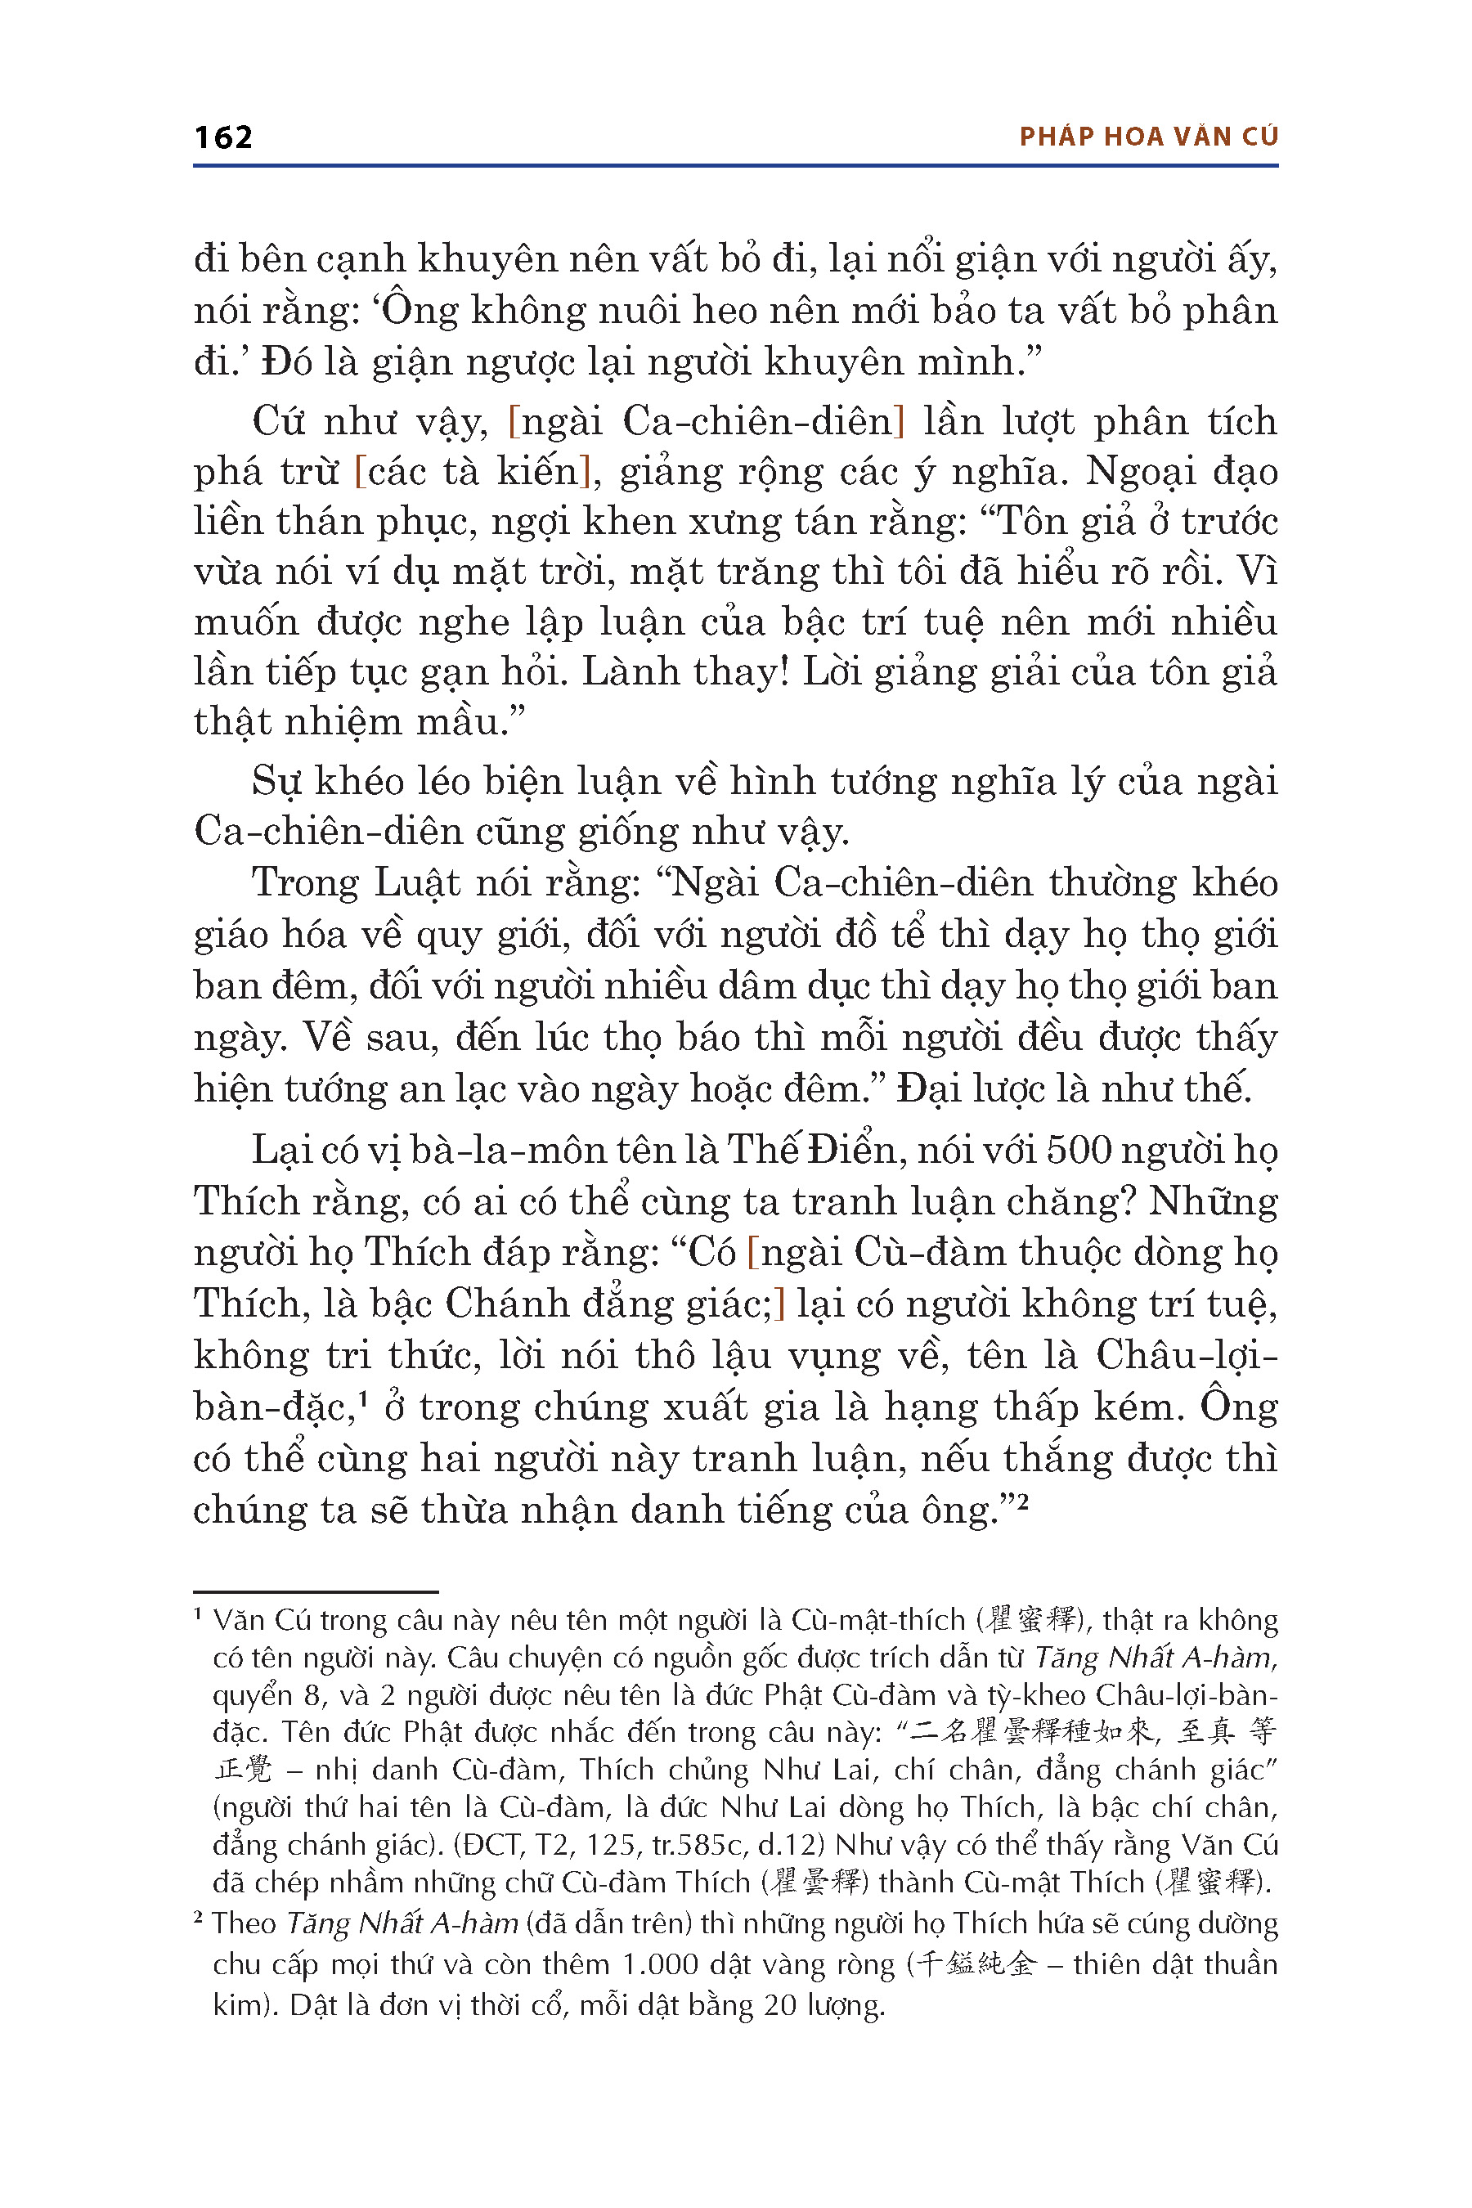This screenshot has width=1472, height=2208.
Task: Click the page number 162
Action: (223, 137)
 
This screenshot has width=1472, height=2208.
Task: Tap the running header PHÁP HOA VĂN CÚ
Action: (1148, 137)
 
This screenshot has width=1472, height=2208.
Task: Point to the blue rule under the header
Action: (735, 166)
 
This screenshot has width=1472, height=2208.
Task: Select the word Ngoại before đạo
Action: (1138, 471)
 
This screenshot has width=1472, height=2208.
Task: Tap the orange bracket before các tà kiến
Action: (360, 471)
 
